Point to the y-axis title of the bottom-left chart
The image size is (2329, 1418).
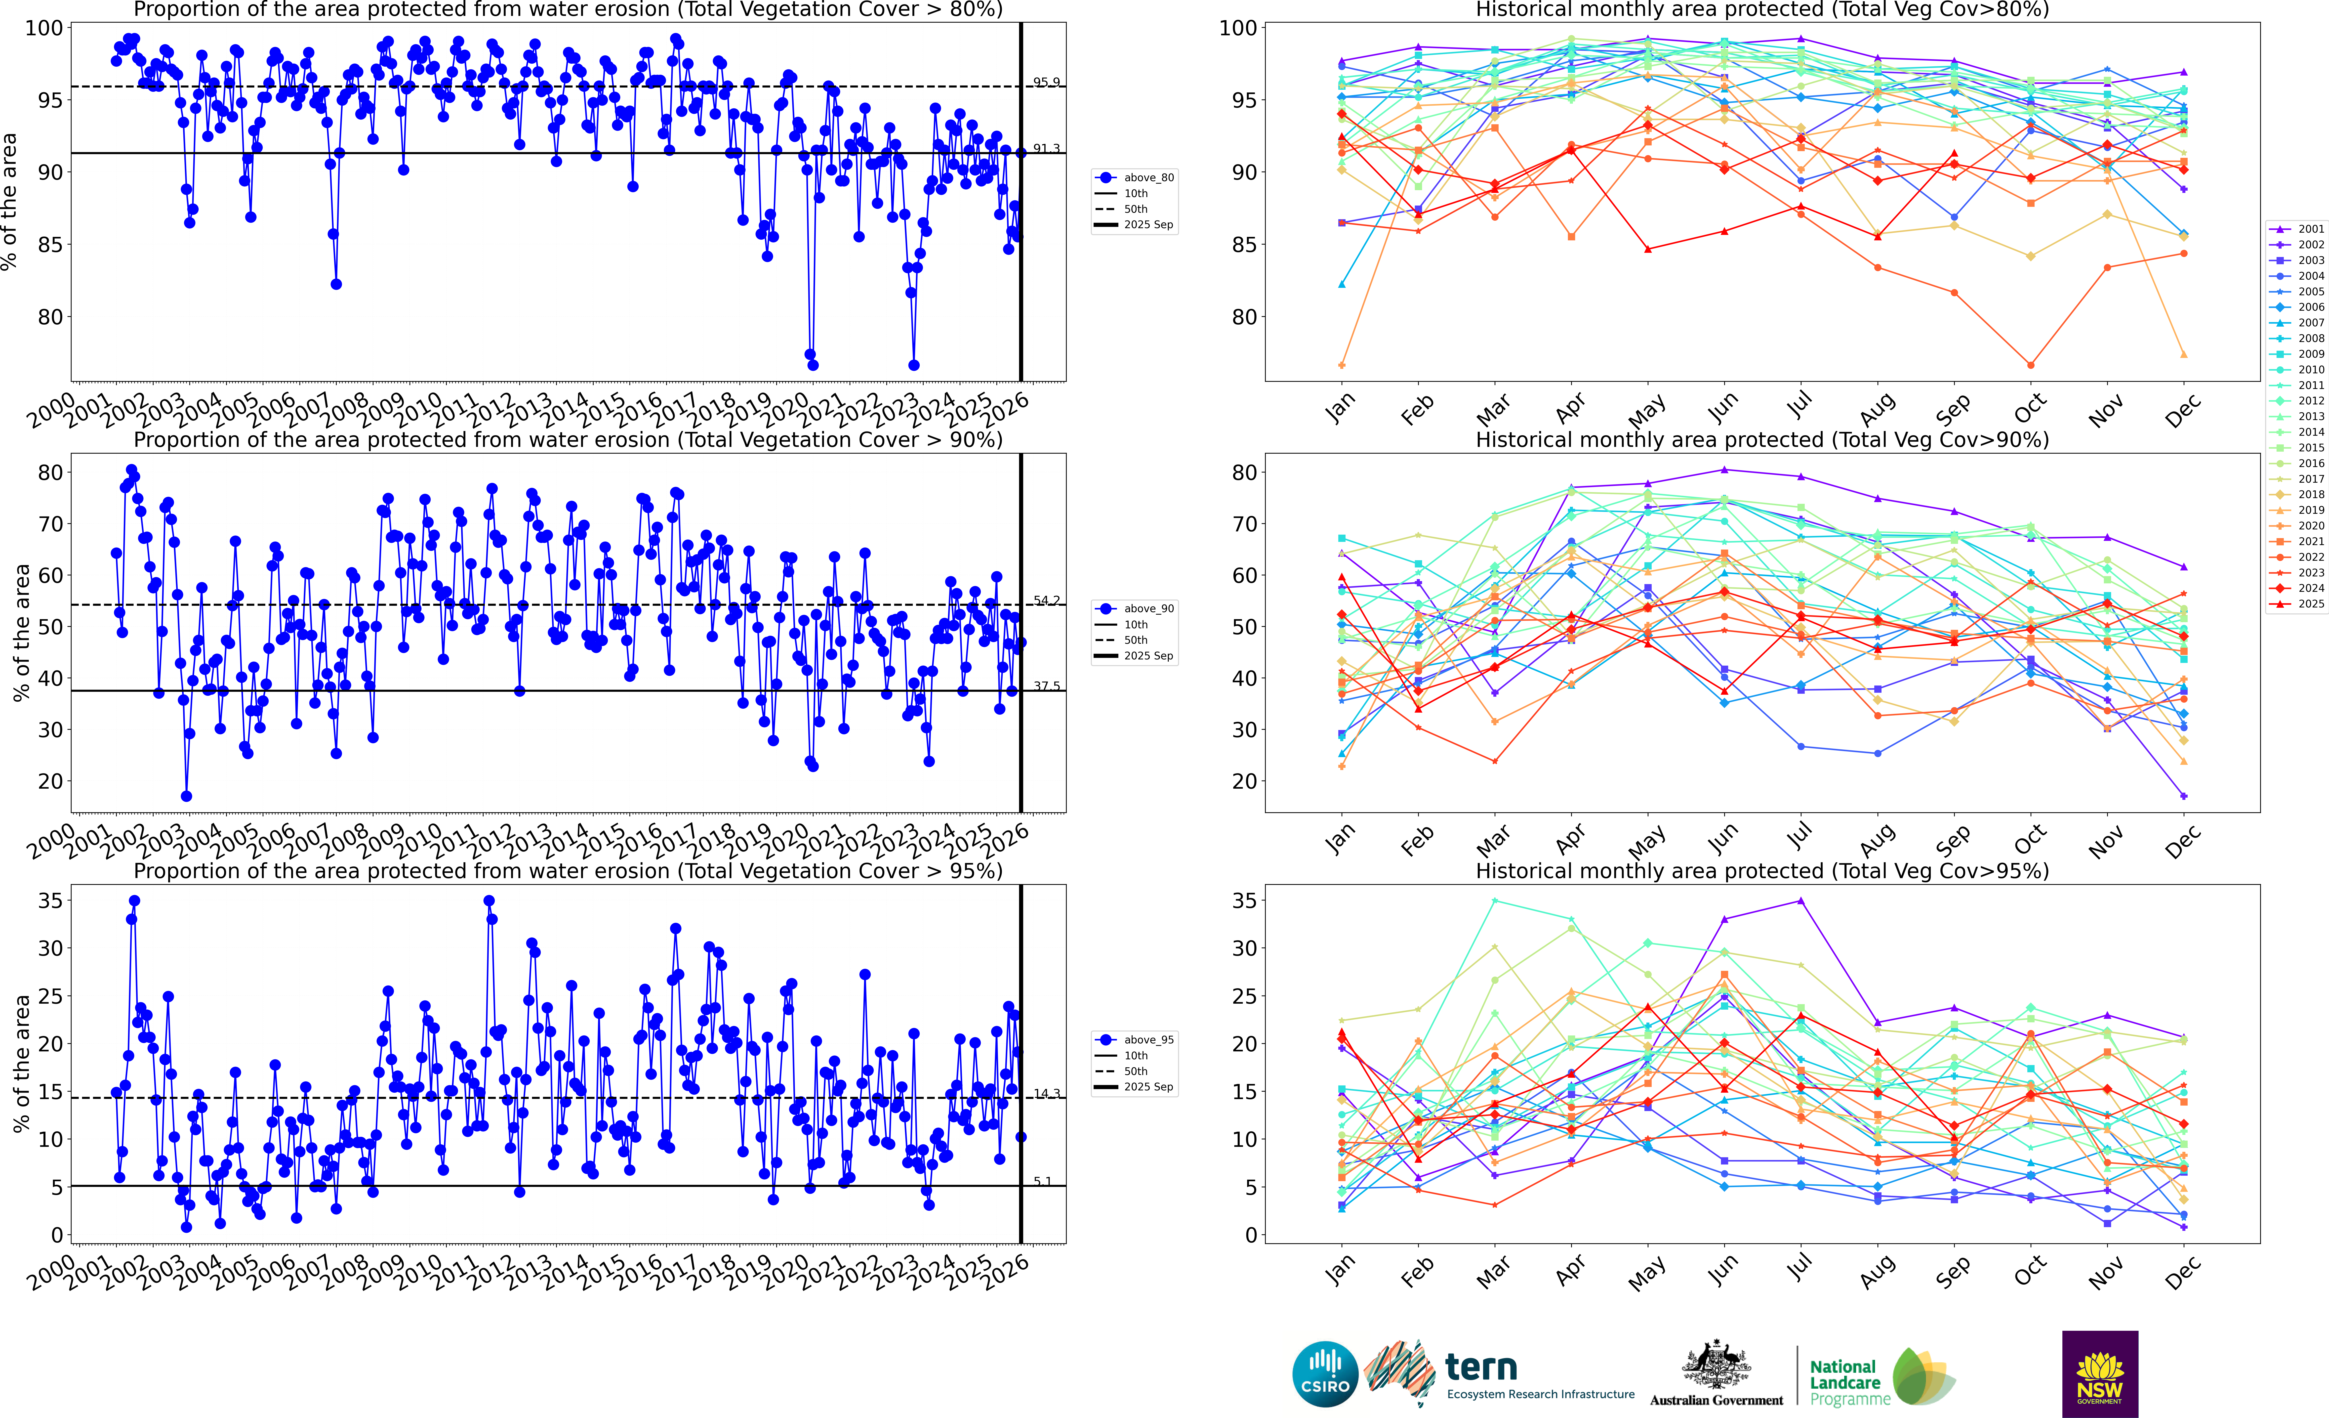[21, 1064]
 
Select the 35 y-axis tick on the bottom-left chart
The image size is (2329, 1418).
[50, 901]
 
